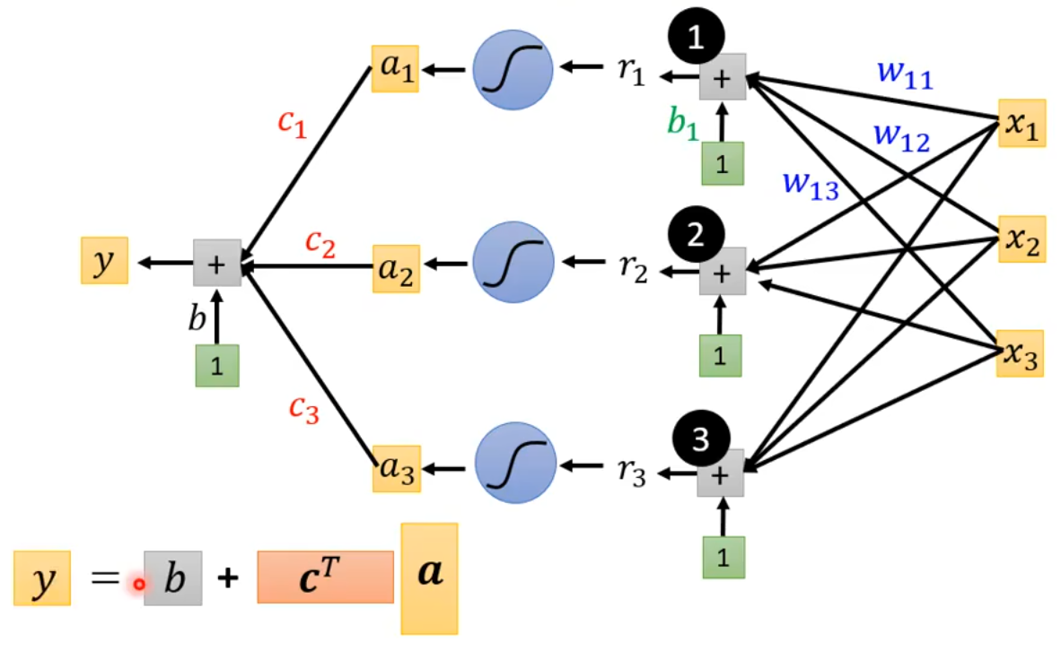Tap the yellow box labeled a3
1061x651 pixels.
click(x=396, y=467)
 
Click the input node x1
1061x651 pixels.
click(x=1022, y=124)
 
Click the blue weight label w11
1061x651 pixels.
click(x=905, y=77)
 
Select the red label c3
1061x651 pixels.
click(x=304, y=408)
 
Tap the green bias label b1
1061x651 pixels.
click(x=682, y=122)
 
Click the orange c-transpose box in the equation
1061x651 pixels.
click(x=325, y=577)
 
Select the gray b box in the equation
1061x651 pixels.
click(x=173, y=579)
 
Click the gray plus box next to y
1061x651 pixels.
click(x=217, y=263)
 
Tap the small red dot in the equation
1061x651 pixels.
click(x=139, y=585)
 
